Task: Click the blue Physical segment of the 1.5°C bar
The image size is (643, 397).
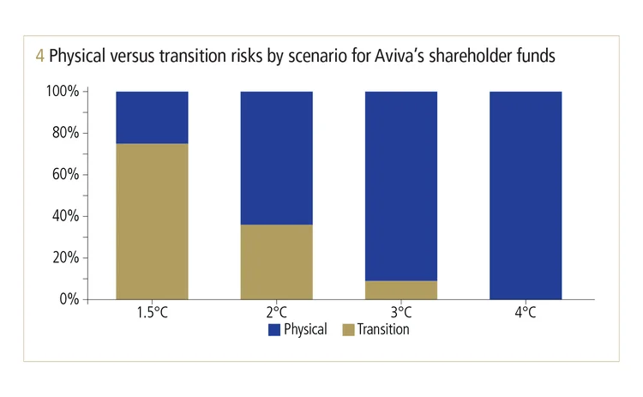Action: point(152,117)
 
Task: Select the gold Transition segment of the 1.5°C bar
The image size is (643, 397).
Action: point(152,221)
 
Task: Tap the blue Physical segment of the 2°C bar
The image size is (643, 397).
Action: point(276,158)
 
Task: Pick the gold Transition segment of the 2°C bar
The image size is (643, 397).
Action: point(276,262)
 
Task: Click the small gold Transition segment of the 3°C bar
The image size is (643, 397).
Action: point(400,290)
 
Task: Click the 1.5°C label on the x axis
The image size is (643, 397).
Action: point(152,312)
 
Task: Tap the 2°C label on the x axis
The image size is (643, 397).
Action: point(276,312)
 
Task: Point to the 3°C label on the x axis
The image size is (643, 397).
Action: point(400,312)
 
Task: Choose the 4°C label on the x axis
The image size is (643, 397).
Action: point(525,312)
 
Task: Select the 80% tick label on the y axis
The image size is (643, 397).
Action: point(65,133)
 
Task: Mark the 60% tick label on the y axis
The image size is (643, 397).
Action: point(65,175)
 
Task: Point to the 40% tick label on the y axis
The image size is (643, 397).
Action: point(65,216)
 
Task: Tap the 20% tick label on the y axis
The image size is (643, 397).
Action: point(65,258)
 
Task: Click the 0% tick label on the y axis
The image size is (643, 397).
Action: point(69,299)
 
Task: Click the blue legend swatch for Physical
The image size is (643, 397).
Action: point(274,329)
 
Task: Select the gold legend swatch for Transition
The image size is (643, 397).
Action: point(348,329)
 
